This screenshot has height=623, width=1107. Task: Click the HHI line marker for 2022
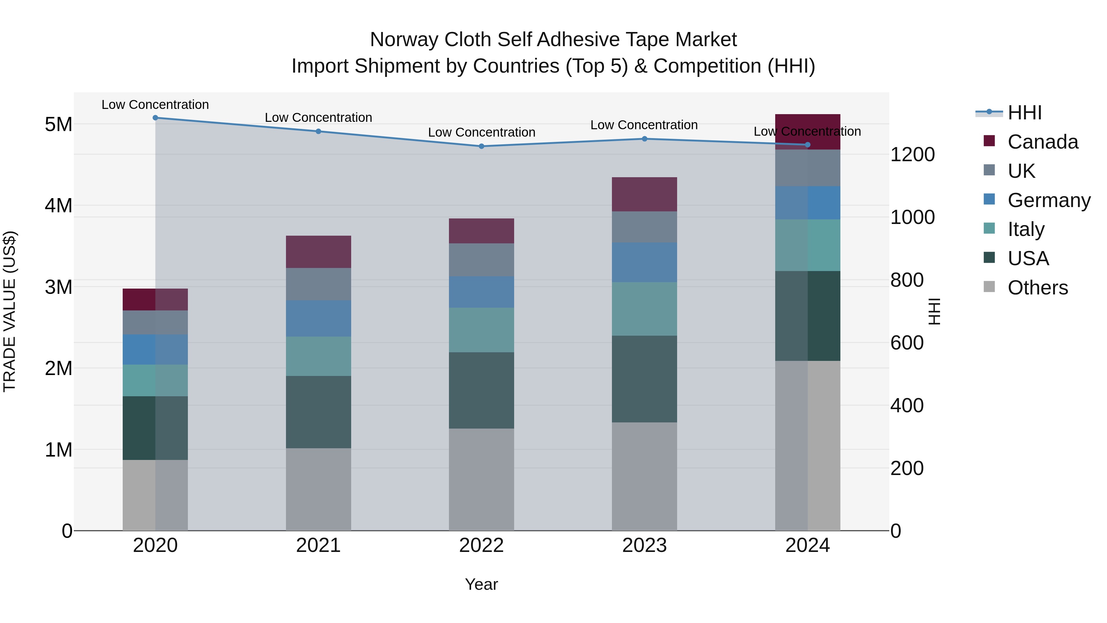click(481, 146)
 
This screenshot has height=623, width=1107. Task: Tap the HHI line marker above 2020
click(155, 118)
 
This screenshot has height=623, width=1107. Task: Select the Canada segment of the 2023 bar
click(644, 194)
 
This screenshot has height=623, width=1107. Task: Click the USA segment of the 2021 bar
click(319, 412)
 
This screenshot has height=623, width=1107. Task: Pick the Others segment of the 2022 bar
click(481, 479)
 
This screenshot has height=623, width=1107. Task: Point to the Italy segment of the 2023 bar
click(644, 309)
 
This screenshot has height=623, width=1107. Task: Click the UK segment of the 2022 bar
click(481, 260)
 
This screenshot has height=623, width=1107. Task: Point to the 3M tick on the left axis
click(58, 287)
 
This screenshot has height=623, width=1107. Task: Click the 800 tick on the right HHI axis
click(907, 280)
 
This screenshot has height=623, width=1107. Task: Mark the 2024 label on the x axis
click(807, 545)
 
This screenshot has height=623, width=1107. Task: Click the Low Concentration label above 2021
click(319, 118)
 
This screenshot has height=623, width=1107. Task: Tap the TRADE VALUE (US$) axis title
click(10, 311)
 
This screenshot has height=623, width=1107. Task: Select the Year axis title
click(481, 584)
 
